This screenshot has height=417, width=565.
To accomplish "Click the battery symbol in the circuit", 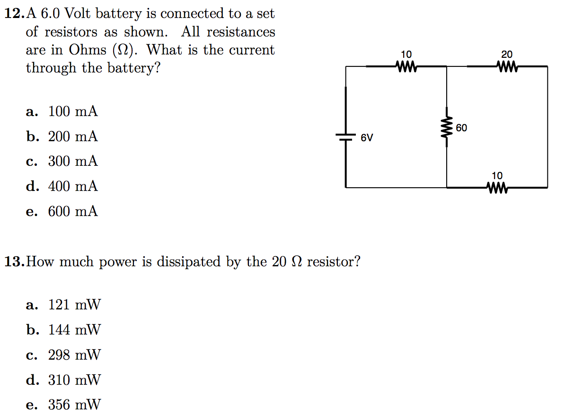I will tap(346, 136).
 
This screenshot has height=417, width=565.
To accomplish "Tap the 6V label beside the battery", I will tap(367, 138).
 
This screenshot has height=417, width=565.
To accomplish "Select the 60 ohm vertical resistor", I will tap(447, 128).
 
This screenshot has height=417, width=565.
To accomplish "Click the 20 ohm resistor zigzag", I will tap(507, 67).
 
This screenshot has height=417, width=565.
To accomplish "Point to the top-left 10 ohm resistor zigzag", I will tap(406, 67).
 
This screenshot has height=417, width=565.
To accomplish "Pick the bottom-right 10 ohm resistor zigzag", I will tap(497, 188).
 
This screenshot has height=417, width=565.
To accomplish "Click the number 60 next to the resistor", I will tap(462, 128).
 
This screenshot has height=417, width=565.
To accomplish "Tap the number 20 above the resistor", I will tap(507, 55).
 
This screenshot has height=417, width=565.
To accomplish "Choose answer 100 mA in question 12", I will tap(72, 112).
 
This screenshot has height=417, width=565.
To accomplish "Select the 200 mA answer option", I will tap(72, 137).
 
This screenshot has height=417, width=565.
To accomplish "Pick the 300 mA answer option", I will tap(72, 162).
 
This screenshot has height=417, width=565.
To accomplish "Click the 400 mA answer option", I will tap(72, 186).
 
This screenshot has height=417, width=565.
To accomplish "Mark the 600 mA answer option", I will tap(72, 211).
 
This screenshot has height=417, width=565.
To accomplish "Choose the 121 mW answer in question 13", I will tap(74, 305).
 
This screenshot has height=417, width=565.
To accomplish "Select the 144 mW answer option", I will tap(74, 330).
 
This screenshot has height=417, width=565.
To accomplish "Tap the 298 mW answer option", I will tap(74, 355).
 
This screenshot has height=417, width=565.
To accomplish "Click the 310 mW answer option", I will tap(74, 380).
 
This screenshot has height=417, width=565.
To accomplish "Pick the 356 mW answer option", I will tap(74, 405).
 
